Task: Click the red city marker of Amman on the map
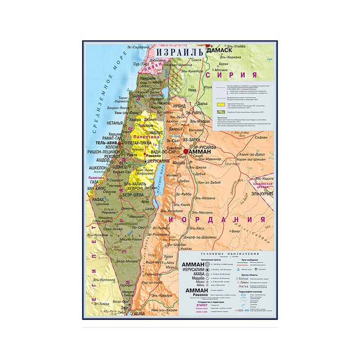pyautogui.click(x=186, y=152)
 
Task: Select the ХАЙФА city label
pyautogui.click(x=137, y=95)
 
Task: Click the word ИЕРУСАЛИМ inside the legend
pyautogui.click(x=193, y=269)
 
